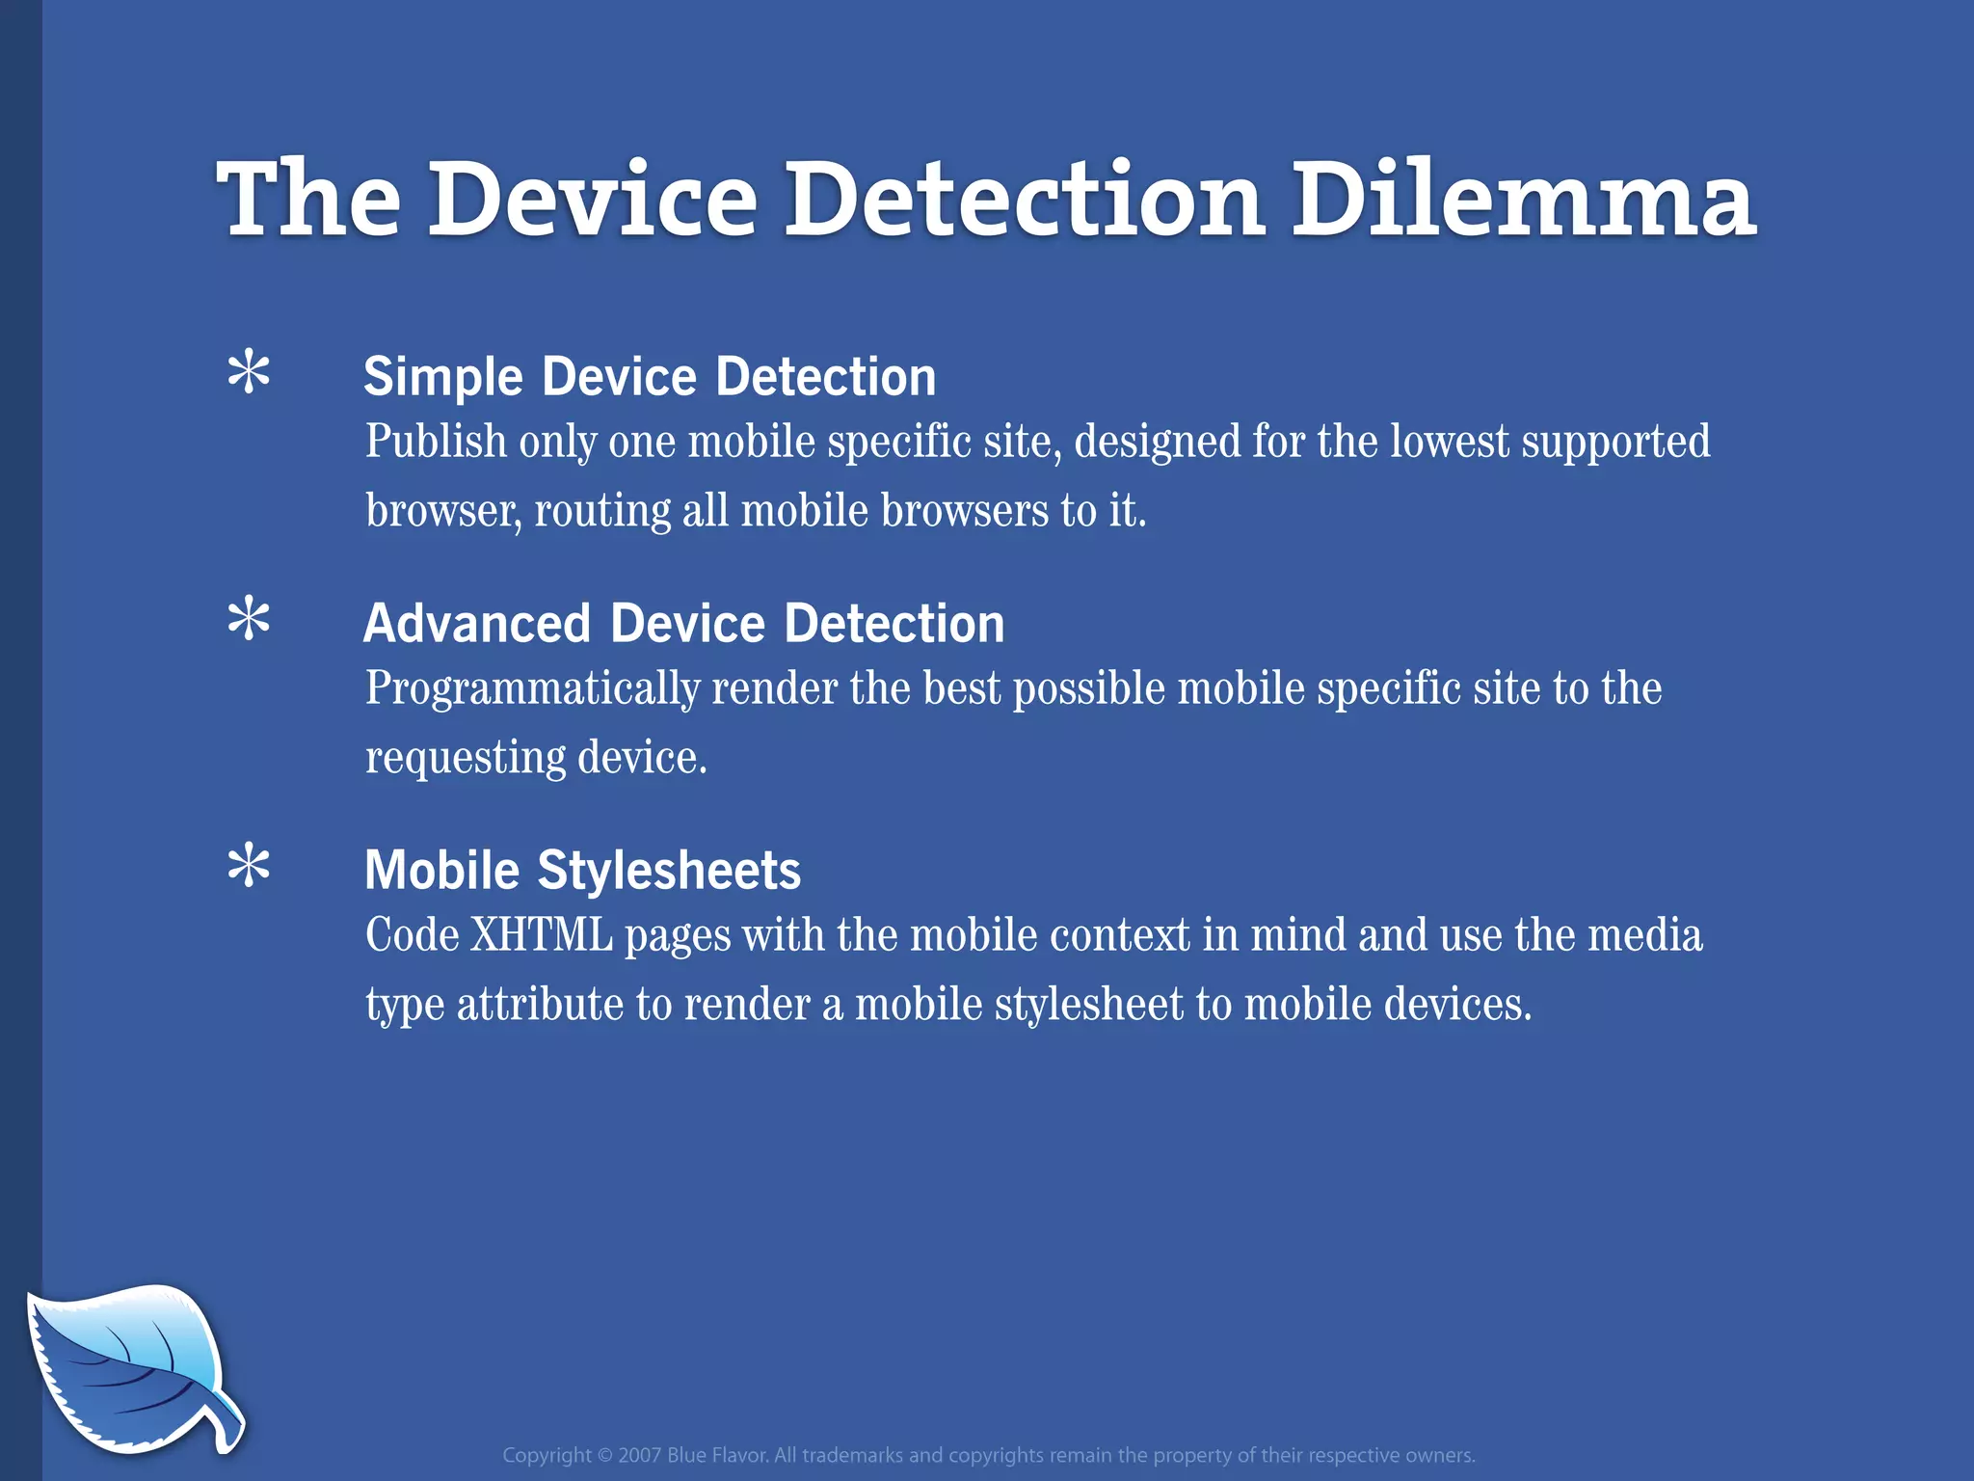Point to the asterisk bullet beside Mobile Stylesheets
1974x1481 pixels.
pyautogui.click(x=249, y=866)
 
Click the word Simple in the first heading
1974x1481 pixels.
pyautogui.click(x=442, y=377)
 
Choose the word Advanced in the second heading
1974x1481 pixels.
pyautogui.click(x=476, y=623)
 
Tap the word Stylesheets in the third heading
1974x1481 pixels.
pyautogui.click(x=669, y=870)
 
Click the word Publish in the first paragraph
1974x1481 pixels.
pyautogui.click(x=436, y=443)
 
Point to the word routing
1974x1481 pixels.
pyautogui.click(x=601, y=512)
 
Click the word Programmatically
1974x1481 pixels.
pyautogui.click(x=532, y=690)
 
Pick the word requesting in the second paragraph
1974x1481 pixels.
pyautogui.click(x=465, y=759)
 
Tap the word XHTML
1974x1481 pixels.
pyautogui.click(x=541, y=935)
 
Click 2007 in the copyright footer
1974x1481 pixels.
pyautogui.click(x=639, y=1456)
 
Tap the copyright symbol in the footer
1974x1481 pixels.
pyautogui.click(x=604, y=1456)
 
